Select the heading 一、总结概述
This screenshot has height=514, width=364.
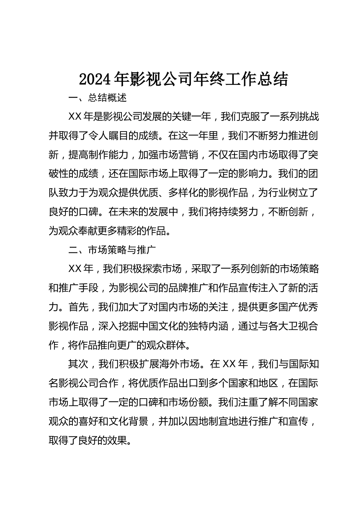(x=97, y=98)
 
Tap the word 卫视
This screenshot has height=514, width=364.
(x=288, y=326)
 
